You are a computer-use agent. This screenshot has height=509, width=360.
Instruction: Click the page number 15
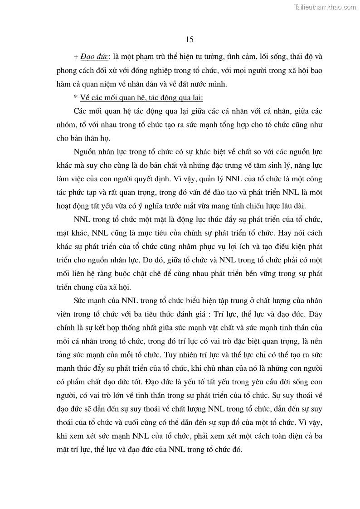click(x=190, y=39)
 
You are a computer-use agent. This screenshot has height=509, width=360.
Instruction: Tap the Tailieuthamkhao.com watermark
click(x=325, y=7)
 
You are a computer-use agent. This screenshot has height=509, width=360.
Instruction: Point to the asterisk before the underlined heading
click(x=75, y=97)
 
